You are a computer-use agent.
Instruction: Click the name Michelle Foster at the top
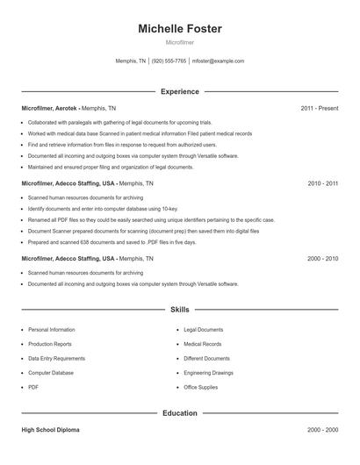point(179,29)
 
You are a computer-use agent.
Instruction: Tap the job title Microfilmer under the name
point(179,42)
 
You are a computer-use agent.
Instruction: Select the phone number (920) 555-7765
point(169,61)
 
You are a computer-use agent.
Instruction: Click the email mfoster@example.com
point(218,61)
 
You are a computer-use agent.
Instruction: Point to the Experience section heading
point(179,91)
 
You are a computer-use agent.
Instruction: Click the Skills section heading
point(179,310)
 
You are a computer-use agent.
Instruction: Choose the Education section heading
point(179,412)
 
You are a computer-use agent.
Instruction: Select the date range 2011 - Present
point(319,108)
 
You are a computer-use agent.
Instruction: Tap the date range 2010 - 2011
point(322,183)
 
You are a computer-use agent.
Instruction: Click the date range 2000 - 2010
point(322,259)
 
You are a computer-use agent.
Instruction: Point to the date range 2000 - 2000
point(322,430)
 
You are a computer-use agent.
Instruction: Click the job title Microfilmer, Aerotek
point(50,108)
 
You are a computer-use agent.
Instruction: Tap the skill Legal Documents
point(204,330)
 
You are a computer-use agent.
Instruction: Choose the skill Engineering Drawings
point(208,372)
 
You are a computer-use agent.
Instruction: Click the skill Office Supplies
point(201,387)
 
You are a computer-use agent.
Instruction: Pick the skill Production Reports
point(50,344)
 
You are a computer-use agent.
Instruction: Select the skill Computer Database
point(51,372)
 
